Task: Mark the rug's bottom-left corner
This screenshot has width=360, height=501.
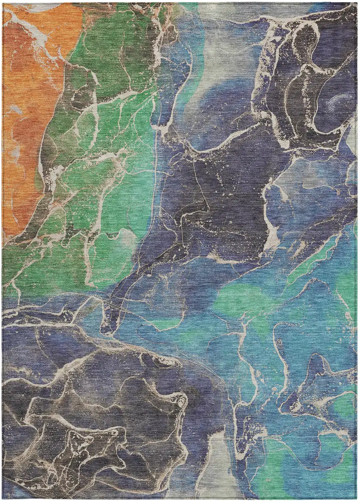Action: [3, 498]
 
